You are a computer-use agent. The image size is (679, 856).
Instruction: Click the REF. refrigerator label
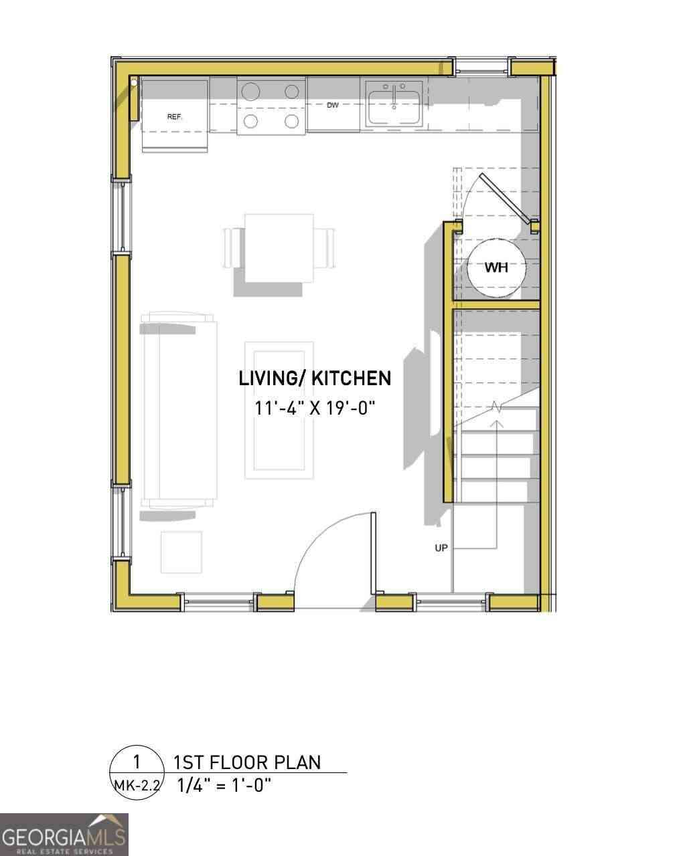point(174,117)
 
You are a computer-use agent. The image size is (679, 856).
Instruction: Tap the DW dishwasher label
point(333,106)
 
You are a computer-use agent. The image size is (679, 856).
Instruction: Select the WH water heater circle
point(496,267)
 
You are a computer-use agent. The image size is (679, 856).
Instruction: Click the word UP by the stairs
point(441,548)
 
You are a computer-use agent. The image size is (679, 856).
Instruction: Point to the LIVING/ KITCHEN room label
point(315,379)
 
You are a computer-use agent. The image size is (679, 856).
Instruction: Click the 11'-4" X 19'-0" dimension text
point(315,408)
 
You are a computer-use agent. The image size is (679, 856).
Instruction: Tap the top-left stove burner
point(251,92)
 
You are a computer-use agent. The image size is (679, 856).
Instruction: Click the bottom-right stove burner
point(292,121)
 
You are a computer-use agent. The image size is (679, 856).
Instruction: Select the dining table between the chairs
point(279,248)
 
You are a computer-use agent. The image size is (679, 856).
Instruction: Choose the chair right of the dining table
point(325,248)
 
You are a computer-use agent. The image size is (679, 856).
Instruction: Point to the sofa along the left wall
point(178,411)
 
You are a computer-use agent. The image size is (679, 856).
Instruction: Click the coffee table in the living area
point(279,410)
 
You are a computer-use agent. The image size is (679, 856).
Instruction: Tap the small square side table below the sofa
point(181,552)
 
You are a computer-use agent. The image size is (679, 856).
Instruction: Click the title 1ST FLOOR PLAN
point(247,762)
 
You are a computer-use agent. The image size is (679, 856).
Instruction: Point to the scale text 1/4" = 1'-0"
point(224,785)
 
